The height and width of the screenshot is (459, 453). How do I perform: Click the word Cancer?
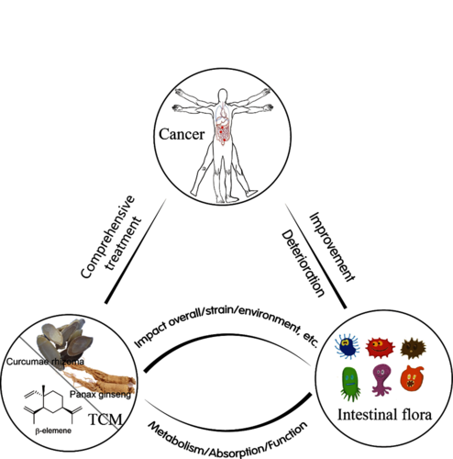tap(182, 134)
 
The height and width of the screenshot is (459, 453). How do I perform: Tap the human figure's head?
tap(223, 95)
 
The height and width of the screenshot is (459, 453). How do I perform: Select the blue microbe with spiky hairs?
tap(348, 346)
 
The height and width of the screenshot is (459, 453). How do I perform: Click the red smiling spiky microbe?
tap(380, 348)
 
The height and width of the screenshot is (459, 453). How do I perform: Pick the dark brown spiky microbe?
tap(414, 348)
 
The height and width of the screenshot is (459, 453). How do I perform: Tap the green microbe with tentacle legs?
tap(350, 384)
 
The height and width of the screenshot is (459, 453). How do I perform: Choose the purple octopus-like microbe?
tap(381, 379)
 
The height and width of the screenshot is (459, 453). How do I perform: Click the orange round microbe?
tap(412, 378)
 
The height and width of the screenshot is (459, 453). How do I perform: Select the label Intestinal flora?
tap(384, 415)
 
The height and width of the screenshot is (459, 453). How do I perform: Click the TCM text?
tap(105, 420)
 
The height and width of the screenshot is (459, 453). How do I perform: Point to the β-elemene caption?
tap(53, 431)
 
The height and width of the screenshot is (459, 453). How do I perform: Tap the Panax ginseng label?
tap(100, 395)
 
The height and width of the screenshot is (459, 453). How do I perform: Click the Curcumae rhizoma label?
tap(45, 362)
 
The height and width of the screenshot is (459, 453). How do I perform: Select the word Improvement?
tap(332, 247)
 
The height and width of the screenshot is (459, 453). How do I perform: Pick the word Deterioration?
tap(303, 263)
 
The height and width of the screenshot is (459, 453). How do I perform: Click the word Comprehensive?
tap(107, 237)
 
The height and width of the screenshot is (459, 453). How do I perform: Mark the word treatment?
tap(123, 243)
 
